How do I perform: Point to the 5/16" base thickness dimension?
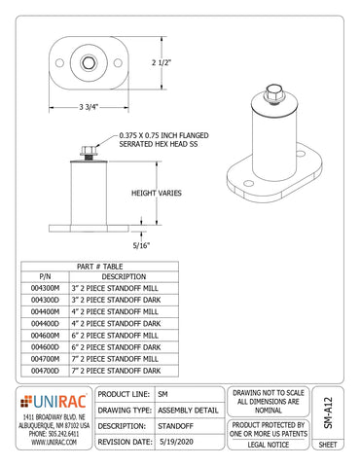[x=145, y=246]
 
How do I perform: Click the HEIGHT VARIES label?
[x=157, y=194]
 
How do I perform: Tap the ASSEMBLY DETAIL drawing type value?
[x=189, y=410]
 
